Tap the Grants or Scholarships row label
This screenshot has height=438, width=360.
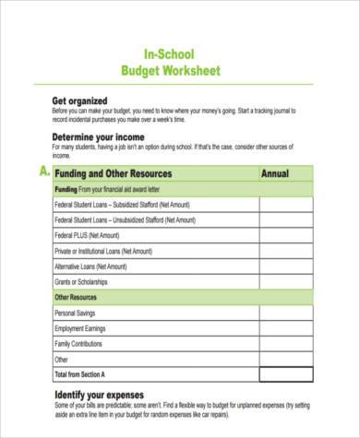pyautogui.click(x=81, y=281)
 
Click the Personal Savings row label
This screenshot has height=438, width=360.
pyautogui.click(x=77, y=313)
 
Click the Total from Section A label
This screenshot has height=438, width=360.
pyautogui.click(x=80, y=374)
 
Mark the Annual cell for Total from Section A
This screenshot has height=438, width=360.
pyautogui.click(x=286, y=374)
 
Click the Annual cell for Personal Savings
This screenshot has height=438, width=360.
pyautogui.click(x=286, y=313)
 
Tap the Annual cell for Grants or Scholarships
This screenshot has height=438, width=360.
pyautogui.click(x=286, y=281)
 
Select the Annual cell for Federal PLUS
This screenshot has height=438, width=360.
pyautogui.click(x=286, y=235)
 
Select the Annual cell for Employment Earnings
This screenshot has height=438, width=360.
pyautogui.click(x=286, y=328)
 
